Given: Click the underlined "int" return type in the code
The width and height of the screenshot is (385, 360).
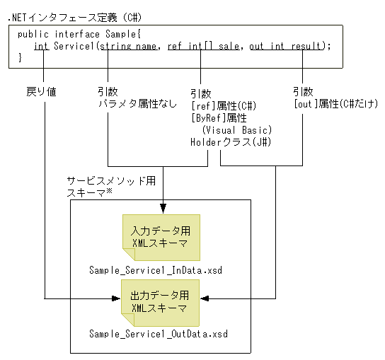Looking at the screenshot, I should click(x=42, y=46).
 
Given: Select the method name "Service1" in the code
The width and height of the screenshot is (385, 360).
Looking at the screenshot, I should click(x=75, y=46).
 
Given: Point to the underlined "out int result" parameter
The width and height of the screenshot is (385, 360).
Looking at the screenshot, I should click(x=287, y=46).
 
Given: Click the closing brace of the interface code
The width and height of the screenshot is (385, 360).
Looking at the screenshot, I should click(x=20, y=57).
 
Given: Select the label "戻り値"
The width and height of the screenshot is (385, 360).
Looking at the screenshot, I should click(x=40, y=92).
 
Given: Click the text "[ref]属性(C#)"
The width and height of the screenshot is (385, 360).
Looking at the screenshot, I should click(x=223, y=105).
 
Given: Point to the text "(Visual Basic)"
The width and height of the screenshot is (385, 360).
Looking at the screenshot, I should click(x=236, y=130).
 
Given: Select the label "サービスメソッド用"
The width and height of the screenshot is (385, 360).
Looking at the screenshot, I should click(x=110, y=181).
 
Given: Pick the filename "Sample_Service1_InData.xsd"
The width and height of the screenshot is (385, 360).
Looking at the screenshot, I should click(x=159, y=270).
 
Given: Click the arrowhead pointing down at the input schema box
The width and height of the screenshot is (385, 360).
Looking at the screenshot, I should click(x=163, y=209).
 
